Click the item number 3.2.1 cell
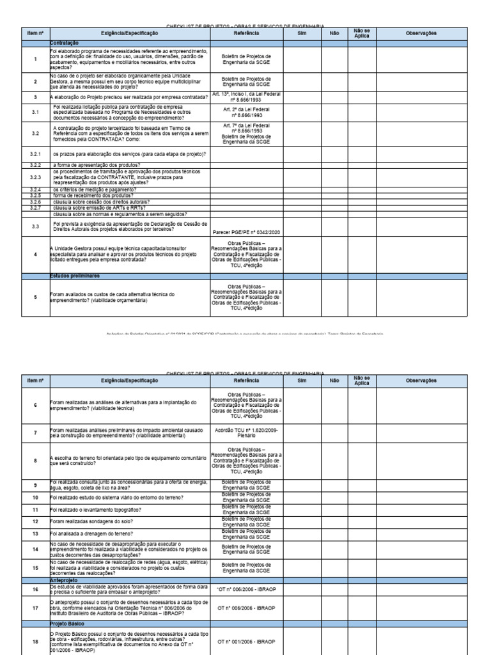(35, 155)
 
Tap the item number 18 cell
(35, 640)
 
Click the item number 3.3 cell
(35, 226)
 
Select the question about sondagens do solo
(93, 521)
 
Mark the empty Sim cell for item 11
(303, 510)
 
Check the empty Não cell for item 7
(334, 433)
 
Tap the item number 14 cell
(35, 548)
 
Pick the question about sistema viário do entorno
(105, 497)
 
